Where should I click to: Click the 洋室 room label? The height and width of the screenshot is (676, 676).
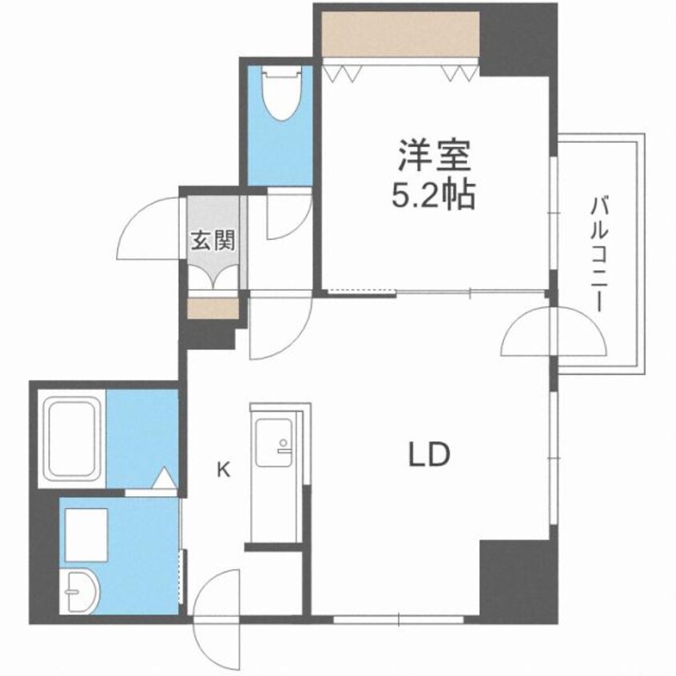click(x=434, y=156)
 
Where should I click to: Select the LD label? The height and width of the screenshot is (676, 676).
click(x=429, y=455)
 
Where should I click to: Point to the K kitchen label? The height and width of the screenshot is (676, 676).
click(x=223, y=469)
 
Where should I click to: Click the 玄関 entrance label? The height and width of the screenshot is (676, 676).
click(x=213, y=241)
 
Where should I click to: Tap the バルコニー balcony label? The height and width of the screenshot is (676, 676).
click(x=598, y=253)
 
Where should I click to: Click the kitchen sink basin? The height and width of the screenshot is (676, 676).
click(x=274, y=442)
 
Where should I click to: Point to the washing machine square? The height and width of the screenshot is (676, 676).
click(x=86, y=535)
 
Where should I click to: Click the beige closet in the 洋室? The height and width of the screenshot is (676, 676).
click(x=400, y=34)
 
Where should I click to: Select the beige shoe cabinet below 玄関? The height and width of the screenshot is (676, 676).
click(x=213, y=308)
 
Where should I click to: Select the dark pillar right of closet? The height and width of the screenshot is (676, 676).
click(x=519, y=40)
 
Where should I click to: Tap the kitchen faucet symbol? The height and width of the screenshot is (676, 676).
click(x=283, y=447)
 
